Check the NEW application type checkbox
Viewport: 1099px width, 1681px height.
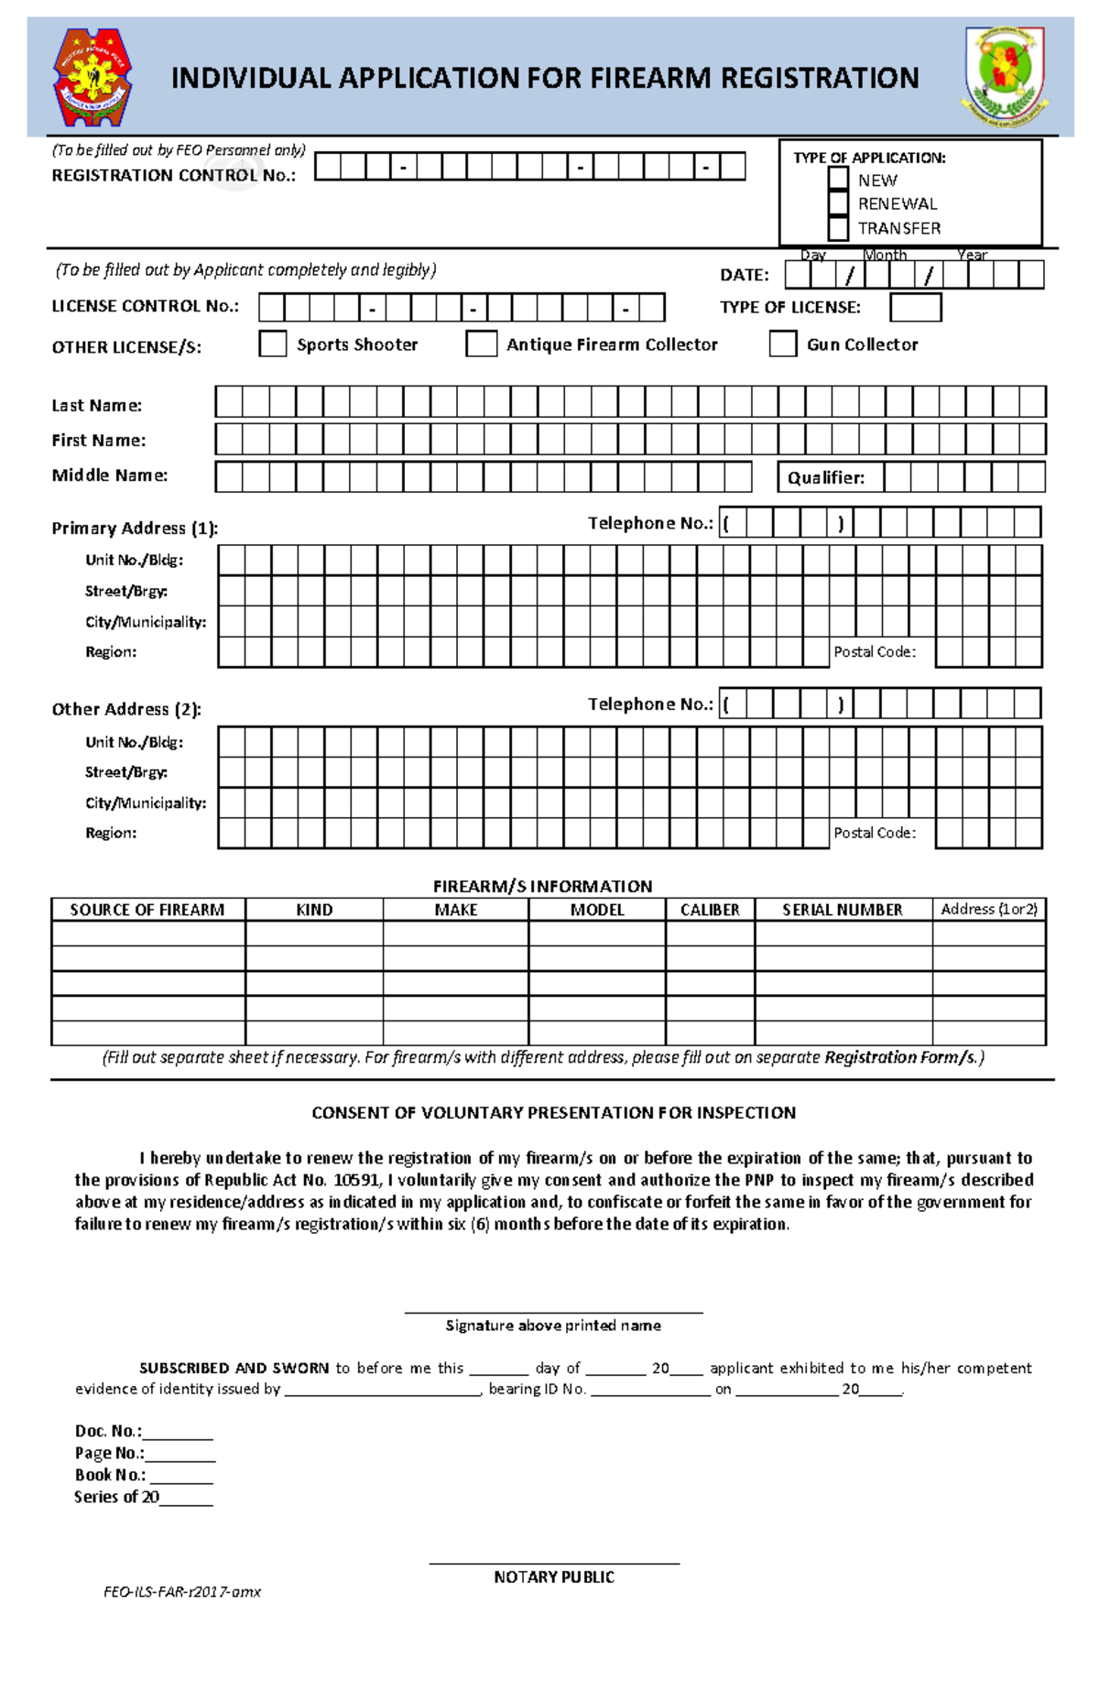tap(837, 180)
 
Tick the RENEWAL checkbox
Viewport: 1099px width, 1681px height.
tap(837, 203)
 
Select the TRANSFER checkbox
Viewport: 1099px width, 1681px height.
tap(837, 228)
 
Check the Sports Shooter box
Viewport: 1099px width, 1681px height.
tap(273, 344)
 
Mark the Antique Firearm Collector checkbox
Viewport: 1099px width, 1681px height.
tap(481, 344)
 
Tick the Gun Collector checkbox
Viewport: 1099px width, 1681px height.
tap(782, 344)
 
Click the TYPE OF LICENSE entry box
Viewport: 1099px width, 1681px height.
tap(915, 307)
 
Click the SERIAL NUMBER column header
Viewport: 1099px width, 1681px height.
tap(842, 910)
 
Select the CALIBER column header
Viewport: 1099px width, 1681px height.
tap(710, 910)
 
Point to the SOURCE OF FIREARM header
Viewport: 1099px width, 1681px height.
tap(147, 910)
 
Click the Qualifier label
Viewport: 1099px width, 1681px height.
tap(825, 477)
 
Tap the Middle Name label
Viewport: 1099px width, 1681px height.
tap(109, 475)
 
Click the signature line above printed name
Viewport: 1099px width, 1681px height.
tap(553, 1312)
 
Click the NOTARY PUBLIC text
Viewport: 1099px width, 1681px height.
tap(553, 1577)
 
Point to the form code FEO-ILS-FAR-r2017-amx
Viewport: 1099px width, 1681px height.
tap(182, 1592)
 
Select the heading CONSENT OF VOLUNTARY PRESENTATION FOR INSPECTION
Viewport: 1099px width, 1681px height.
tap(553, 1113)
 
